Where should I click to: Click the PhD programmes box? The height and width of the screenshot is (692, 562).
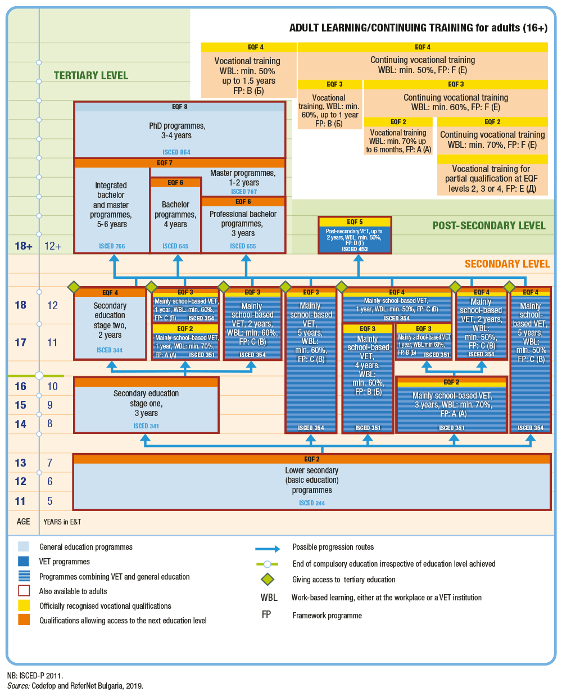click(179, 130)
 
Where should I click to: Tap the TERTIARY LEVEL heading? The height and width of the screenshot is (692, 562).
click(91, 75)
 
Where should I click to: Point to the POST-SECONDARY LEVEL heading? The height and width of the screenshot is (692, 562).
click(488, 225)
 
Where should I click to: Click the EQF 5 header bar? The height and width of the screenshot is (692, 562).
click(354, 222)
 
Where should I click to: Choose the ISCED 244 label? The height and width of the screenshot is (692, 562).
click(312, 503)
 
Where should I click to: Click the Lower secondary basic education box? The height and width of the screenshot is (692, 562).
click(312, 481)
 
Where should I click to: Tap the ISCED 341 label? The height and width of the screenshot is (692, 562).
click(146, 426)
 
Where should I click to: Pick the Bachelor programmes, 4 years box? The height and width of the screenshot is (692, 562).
click(175, 214)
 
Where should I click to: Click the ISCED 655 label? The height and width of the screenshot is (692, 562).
click(243, 246)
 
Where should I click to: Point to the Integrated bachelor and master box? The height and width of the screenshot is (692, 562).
click(111, 205)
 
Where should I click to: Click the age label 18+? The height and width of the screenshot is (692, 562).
click(20, 246)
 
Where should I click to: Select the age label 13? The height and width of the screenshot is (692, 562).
click(20, 463)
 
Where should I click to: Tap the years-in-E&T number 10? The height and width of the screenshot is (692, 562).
click(52, 386)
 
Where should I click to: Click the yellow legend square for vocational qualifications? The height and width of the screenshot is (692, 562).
click(24, 605)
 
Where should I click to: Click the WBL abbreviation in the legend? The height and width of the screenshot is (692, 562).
click(268, 598)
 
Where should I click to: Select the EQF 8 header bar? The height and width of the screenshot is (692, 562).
click(179, 106)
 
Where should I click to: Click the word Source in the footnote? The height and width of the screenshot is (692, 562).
click(16, 685)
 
